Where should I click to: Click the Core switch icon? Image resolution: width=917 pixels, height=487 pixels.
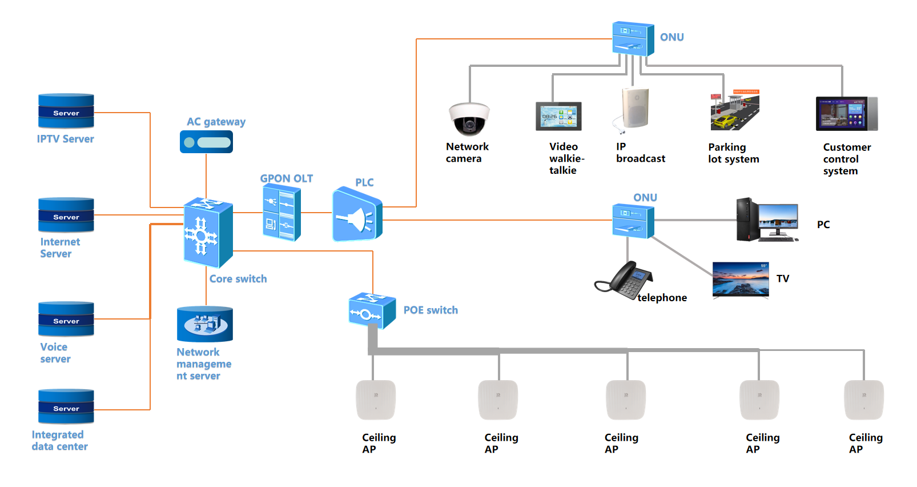click(x=208, y=233)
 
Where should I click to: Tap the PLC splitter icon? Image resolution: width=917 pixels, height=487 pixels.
click(x=357, y=215)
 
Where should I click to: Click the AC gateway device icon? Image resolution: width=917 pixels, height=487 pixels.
click(x=206, y=142)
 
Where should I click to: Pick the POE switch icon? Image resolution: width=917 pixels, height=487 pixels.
click(x=372, y=310)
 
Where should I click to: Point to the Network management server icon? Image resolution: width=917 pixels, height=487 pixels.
click(x=205, y=324)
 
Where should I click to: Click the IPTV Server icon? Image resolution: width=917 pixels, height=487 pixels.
click(x=66, y=111)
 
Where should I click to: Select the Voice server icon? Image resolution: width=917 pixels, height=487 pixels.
click(x=66, y=319)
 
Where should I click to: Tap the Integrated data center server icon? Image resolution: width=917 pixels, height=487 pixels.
click(x=66, y=406)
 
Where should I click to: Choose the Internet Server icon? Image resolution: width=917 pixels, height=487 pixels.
click(x=66, y=215)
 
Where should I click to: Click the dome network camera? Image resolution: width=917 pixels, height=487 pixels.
click(x=469, y=119)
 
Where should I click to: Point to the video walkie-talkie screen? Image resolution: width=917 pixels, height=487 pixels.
click(x=558, y=117)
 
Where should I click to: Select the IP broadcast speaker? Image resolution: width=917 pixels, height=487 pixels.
click(x=635, y=108)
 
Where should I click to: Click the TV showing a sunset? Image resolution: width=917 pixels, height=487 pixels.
click(x=741, y=280)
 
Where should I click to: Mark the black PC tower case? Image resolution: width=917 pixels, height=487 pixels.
click(x=747, y=219)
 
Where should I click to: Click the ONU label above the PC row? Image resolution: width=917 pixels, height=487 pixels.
click(x=645, y=198)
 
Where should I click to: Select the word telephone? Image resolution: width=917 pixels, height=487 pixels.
click(x=662, y=298)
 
